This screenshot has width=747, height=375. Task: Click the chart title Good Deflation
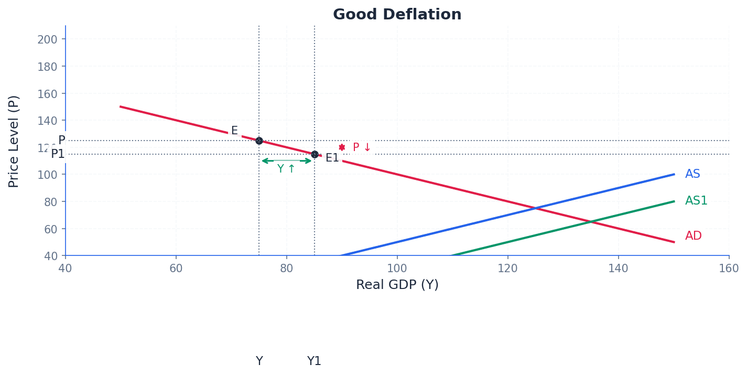pos(397,15)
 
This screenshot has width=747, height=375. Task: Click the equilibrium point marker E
pos(259,141)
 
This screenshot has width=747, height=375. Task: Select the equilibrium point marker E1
pos(315,154)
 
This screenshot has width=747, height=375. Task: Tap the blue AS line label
pos(692,174)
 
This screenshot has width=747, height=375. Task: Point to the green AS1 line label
pos(696,201)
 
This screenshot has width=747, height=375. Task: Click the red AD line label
pos(693,236)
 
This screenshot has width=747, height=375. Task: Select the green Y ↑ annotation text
pos(286,169)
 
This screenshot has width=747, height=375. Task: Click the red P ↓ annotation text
pos(362,147)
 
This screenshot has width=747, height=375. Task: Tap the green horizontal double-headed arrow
pos(287,160)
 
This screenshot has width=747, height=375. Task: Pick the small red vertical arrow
pos(342,147)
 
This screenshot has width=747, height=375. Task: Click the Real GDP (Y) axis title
pos(397,285)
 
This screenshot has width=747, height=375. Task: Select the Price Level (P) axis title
pos(14,141)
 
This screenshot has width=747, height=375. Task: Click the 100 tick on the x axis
pos(397,269)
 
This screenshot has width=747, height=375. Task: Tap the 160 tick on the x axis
pos(729,269)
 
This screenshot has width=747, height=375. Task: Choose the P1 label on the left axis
pos(58,154)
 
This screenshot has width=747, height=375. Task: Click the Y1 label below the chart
pos(314,361)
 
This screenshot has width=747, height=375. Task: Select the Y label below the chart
pos(259,361)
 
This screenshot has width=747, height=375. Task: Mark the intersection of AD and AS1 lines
pos(591,222)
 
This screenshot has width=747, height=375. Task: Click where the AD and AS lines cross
pos(535,208)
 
